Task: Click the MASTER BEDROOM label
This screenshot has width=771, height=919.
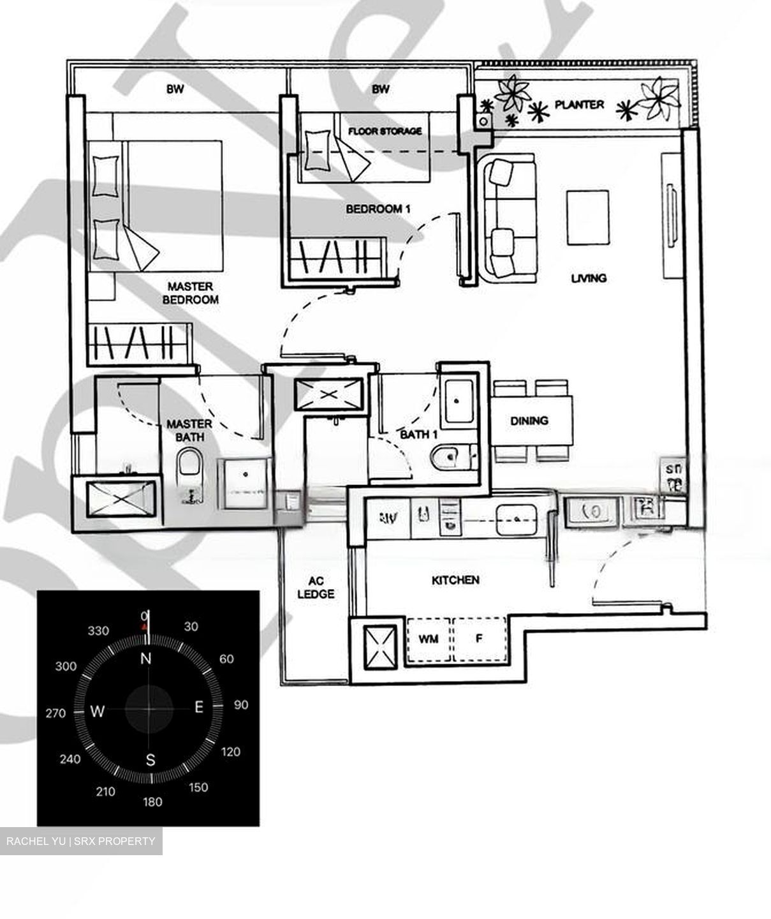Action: pyautogui.click(x=190, y=293)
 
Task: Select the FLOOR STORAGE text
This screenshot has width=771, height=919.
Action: pyautogui.click(x=385, y=131)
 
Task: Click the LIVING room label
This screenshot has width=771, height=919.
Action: pyautogui.click(x=589, y=278)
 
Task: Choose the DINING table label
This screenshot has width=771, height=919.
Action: pyautogui.click(x=529, y=421)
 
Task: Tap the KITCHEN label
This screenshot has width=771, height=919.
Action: pyautogui.click(x=455, y=580)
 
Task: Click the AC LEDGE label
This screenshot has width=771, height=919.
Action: pyautogui.click(x=316, y=588)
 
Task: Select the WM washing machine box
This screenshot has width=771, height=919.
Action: pyautogui.click(x=429, y=638)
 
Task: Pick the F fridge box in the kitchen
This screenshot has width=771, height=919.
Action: pyautogui.click(x=479, y=638)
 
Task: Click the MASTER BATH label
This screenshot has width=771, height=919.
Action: pyautogui.click(x=189, y=430)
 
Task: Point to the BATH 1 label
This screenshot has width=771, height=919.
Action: pyautogui.click(x=418, y=435)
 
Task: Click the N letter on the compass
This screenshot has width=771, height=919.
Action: pyautogui.click(x=146, y=659)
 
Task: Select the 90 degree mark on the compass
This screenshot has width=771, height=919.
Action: pyautogui.click(x=241, y=705)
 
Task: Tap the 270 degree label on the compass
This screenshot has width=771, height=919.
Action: pyautogui.click(x=55, y=713)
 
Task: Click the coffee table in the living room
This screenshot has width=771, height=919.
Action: pyautogui.click(x=588, y=218)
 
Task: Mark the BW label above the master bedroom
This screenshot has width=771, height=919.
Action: pyautogui.click(x=175, y=89)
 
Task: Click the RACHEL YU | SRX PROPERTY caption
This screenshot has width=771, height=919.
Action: pyautogui.click(x=81, y=841)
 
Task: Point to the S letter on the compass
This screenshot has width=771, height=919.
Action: pyautogui.click(x=151, y=760)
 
